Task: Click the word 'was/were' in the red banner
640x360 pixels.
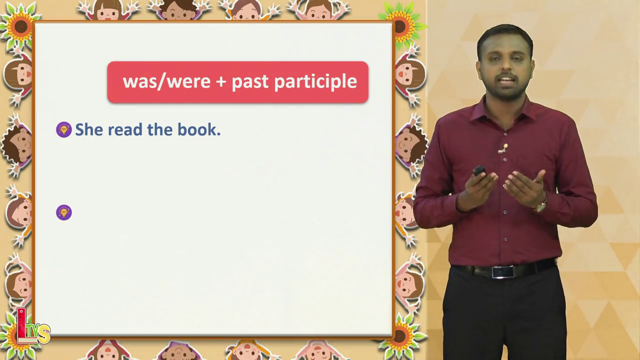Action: (x=166, y=81)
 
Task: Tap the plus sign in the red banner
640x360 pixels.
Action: (x=221, y=81)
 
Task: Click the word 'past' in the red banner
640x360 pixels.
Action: (x=250, y=83)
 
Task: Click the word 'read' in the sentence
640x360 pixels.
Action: (x=125, y=129)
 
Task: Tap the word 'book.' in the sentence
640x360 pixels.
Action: (x=199, y=129)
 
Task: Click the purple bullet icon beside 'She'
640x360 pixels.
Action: (x=63, y=129)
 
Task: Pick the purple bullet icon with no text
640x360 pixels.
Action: (x=63, y=212)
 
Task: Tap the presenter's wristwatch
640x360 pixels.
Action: (x=541, y=206)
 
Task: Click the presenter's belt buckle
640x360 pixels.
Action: (x=502, y=271)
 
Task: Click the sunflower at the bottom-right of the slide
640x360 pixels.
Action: (x=401, y=337)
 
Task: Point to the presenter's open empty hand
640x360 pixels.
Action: (x=524, y=187)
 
